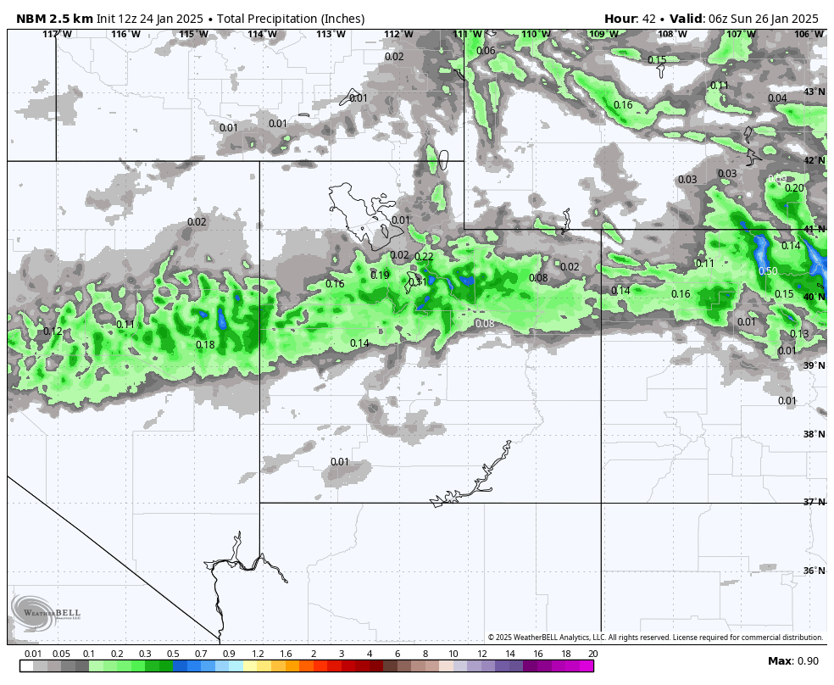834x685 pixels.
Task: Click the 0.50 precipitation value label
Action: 768,271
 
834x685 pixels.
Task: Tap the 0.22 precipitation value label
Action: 424,257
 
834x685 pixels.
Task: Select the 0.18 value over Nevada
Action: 205,345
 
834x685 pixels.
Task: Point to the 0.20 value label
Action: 794,188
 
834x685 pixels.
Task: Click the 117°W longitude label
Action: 57,34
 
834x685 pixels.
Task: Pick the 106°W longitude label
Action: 809,34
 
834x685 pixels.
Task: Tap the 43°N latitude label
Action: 814,92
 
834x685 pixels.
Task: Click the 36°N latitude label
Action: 814,571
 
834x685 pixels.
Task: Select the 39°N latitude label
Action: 814,365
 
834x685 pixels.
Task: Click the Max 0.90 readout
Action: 793,661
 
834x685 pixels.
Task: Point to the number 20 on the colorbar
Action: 592,654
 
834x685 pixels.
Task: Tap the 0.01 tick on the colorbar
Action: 33,654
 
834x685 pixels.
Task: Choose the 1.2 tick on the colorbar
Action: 258,654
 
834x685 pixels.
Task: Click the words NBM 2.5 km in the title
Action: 54,19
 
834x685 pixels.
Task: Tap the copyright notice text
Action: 655,638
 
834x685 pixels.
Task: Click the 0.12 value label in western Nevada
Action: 53,331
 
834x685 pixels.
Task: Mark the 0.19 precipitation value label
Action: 380,276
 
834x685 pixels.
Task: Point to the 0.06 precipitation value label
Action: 486,51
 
